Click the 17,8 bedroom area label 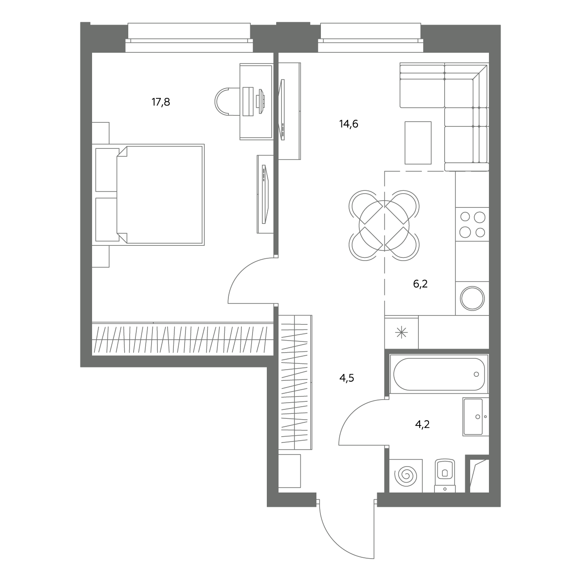pyautogui.click(x=161, y=102)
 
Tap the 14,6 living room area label pyautogui.click(x=349, y=124)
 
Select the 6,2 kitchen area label pyautogui.click(x=420, y=284)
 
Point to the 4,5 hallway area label pyautogui.click(x=347, y=378)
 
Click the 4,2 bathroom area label pyautogui.click(x=422, y=425)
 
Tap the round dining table pyautogui.click(x=384, y=226)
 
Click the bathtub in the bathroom pyautogui.click(x=439, y=374)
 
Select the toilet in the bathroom pyautogui.click(x=445, y=476)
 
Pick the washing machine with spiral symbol pyautogui.click(x=406, y=476)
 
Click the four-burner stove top pyautogui.click(x=472, y=224)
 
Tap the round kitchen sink pyautogui.click(x=472, y=298)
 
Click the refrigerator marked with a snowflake pyautogui.click(x=402, y=333)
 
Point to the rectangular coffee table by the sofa pyautogui.click(x=418, y=143)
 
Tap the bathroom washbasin pyautogui.click(x=476, y=417)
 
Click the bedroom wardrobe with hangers pyautogui.click(x=183, y=339)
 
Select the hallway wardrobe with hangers pyautogui.click(x=295, y=383)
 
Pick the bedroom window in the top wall pyautogui.click(x=189, y=38)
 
